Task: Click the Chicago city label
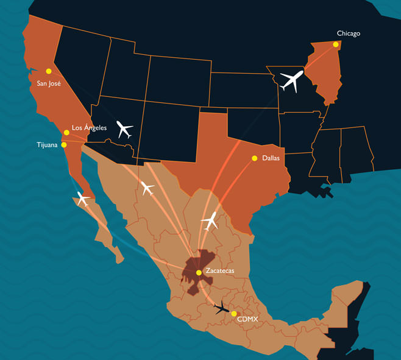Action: click(348, 34)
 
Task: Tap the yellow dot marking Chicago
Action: click(336, 44)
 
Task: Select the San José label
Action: click(49, 83)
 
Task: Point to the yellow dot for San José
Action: click(49, 71)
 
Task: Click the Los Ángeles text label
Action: click(89, 128)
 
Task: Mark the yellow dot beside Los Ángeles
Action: click(66, 132)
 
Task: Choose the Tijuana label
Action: click(48, 145)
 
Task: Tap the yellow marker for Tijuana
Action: click(64, 145)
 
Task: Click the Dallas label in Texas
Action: click(271, 158)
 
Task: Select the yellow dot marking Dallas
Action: click(254, 158)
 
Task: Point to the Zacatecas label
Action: click(219, 270)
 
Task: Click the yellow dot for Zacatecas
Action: click(199, 272)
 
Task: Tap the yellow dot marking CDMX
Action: click(234, 314)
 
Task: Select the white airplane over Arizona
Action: click(124, 129)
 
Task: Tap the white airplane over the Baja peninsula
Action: click(83, 198)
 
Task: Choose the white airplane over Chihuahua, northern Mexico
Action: click(147, 188)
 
